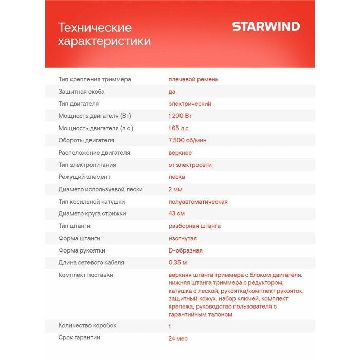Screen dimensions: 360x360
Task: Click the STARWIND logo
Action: pos(266,27)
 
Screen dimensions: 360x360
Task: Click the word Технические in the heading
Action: pos(95,28)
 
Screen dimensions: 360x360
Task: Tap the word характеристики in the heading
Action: pos(104,41)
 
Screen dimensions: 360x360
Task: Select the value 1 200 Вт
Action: pos(180,116)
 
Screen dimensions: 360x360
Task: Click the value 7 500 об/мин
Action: pos(188,140)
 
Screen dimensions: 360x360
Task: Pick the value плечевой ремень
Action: pos(193,79)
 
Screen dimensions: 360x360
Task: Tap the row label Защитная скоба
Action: pos(82,92)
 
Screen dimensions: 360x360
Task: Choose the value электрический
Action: pos(190,104)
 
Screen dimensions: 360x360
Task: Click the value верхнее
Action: pos(180,153)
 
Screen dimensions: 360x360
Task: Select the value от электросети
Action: pos(190,165)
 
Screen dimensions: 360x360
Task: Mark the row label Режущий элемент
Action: pos(84,177)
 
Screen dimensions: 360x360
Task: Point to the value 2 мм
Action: pos(175,189)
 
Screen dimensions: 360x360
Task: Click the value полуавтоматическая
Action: pos(198,202)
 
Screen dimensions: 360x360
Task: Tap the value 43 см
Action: pos(176,214)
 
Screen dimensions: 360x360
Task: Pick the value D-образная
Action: pos(185,250)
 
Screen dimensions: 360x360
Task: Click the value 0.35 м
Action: pos(178,263)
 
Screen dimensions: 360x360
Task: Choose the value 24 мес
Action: pos(178,338)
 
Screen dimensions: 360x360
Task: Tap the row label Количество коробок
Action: pos(87,326)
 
